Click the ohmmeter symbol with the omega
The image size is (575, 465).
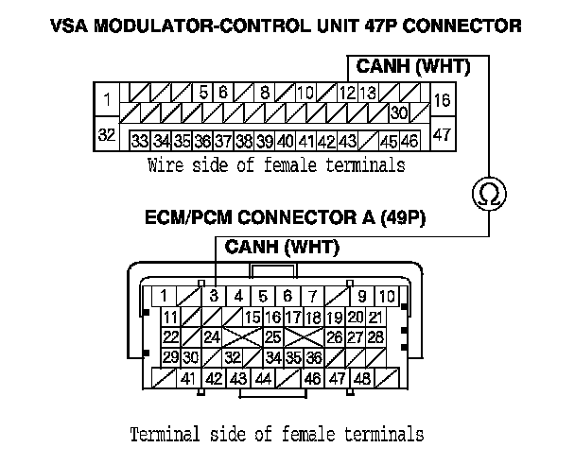489,195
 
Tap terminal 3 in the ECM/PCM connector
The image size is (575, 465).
215,295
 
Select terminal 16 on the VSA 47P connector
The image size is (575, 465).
441,99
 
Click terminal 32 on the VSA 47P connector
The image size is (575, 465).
107,135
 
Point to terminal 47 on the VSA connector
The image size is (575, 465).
441,134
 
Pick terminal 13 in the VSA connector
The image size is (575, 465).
369,93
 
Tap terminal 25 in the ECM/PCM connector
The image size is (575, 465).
273,336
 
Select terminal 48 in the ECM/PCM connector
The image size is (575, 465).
361,379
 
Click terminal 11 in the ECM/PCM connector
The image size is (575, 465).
171,317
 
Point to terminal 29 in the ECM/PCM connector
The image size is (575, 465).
171,357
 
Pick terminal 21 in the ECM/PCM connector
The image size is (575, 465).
375,317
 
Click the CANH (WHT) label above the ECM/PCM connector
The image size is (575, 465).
282,248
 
